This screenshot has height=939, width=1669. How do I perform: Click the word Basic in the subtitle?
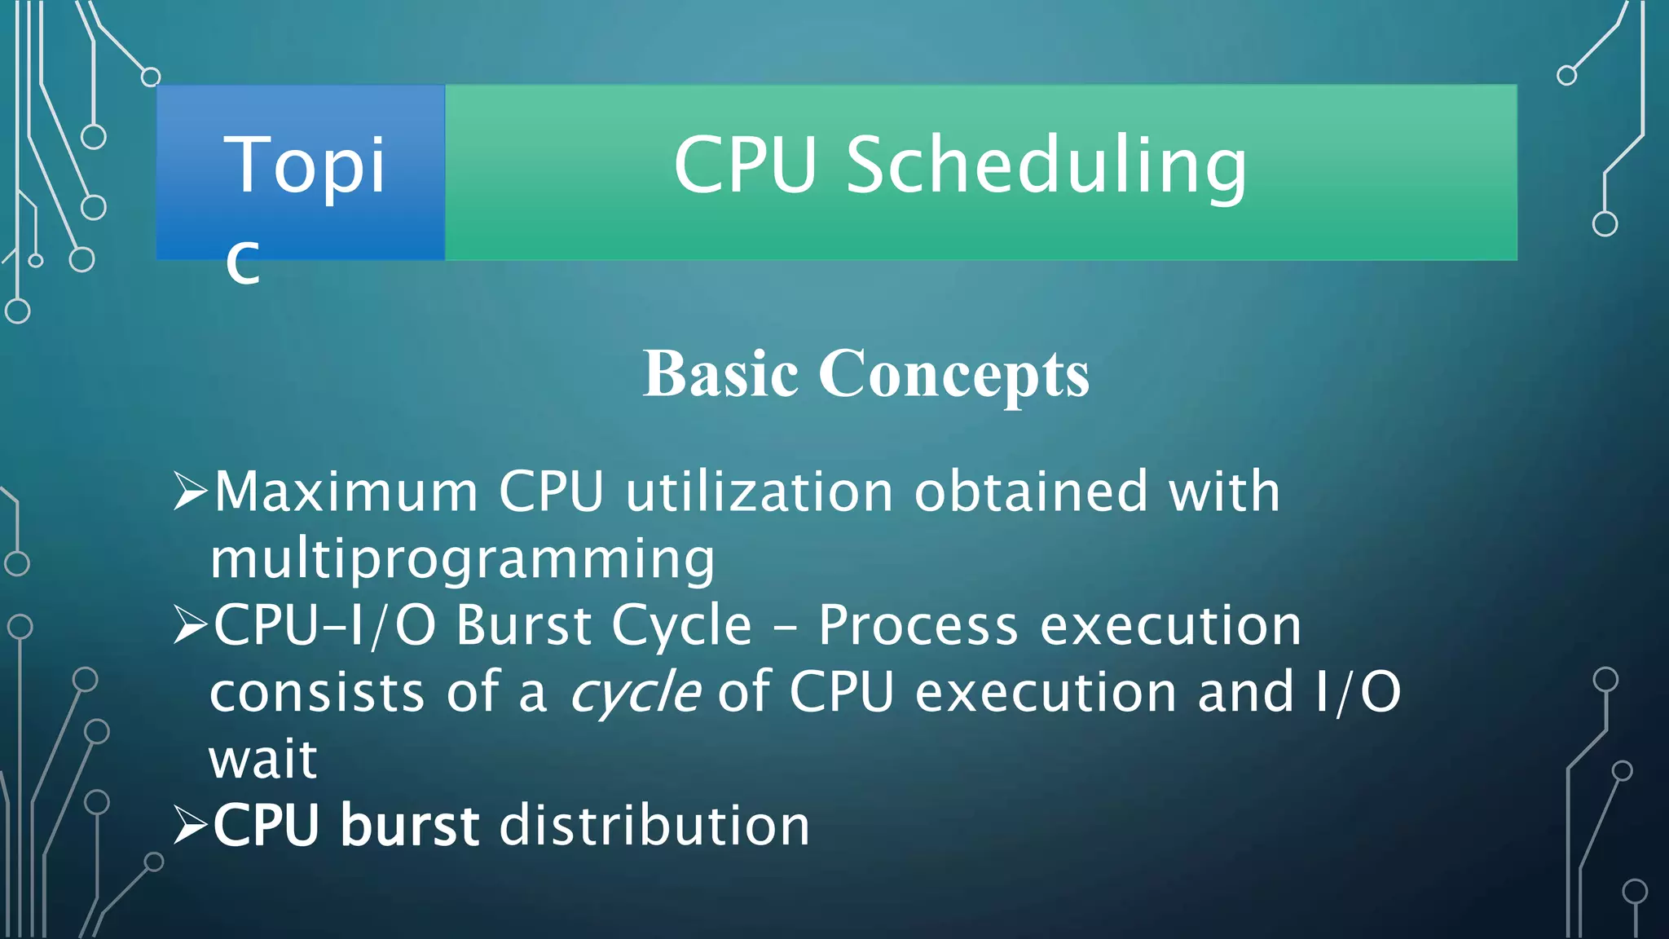(x=720, y=374)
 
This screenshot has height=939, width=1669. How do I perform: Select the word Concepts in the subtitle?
(x=953, y=376)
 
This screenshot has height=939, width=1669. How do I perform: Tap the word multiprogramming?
(x=462, y=560)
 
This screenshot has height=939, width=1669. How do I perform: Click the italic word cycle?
(x=635, y=694)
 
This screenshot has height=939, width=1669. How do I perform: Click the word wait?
(x=262, y=760)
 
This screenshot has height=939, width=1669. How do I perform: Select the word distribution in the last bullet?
(x=654, y=825)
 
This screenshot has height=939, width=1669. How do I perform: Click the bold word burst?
(x=410, y=825)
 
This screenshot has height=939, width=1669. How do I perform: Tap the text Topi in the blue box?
(x=304, y=166)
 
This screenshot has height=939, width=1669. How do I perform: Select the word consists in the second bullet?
(x=317, y=693)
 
